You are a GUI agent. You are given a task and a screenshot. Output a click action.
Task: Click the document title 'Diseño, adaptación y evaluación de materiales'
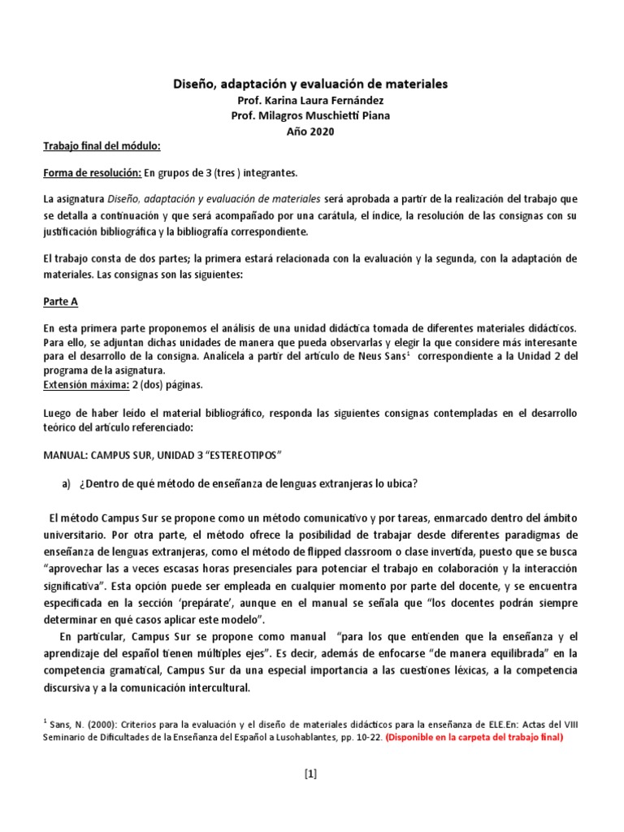(x=312, y=84)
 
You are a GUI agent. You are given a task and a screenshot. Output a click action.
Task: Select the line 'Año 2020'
(x=311, y=132)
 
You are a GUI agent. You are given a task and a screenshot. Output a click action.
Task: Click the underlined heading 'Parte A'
(x=60, y=301)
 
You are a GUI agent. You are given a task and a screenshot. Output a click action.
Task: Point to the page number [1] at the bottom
(x=311, y=773)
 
